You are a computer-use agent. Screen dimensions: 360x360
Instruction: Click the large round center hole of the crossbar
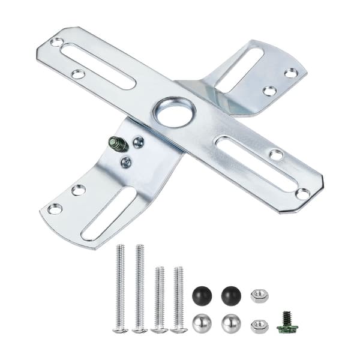click(x=174, y=113)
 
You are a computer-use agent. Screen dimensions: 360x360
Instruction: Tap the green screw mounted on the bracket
click(x=117, y=144)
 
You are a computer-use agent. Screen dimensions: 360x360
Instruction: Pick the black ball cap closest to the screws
click(x=202, y=295)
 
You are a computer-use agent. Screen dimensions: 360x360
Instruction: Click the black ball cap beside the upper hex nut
click(x=230, y=295)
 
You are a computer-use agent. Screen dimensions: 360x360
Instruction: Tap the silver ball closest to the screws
click(x=202, y=323)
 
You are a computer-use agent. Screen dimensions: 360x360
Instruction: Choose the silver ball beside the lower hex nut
click(x=230, y=323)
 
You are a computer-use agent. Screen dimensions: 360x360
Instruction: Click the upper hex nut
click(x=259, y=295)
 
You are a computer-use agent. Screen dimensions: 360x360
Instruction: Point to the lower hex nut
click(x=259, y=325)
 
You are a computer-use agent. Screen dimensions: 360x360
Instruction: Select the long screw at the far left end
click(x=121, y=288)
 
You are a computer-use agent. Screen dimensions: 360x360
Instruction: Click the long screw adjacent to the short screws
click(x=140, y=288)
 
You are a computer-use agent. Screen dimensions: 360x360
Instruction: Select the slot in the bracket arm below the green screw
click(x=108, y=213)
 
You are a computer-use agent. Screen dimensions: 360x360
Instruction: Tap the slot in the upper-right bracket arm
click(x=239, y=70)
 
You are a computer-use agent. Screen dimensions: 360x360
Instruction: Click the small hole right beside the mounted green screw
click(x=138, y=142)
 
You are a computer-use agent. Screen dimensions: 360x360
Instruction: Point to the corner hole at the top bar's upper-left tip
click(x=56, y=42)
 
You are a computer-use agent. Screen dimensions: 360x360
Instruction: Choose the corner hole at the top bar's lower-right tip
click(x=303, y=194)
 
